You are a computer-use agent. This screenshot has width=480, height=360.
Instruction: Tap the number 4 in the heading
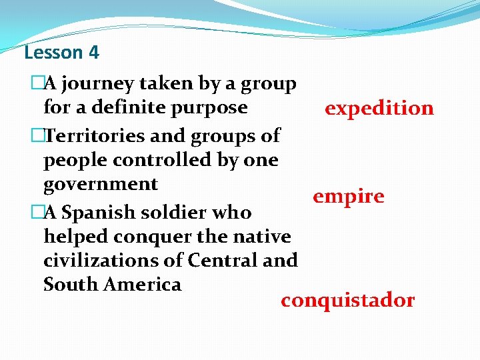[93, 52]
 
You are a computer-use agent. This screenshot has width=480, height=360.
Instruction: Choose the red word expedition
[379, 109]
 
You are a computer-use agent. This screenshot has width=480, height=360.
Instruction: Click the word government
[100, 185]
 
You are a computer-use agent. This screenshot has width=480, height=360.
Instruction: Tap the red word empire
[348, 197]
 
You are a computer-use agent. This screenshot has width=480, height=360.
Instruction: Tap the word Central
[223, 260]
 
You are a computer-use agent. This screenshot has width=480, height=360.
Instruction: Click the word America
[139, 285]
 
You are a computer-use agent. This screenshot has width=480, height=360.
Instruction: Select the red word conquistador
[347, 301]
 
